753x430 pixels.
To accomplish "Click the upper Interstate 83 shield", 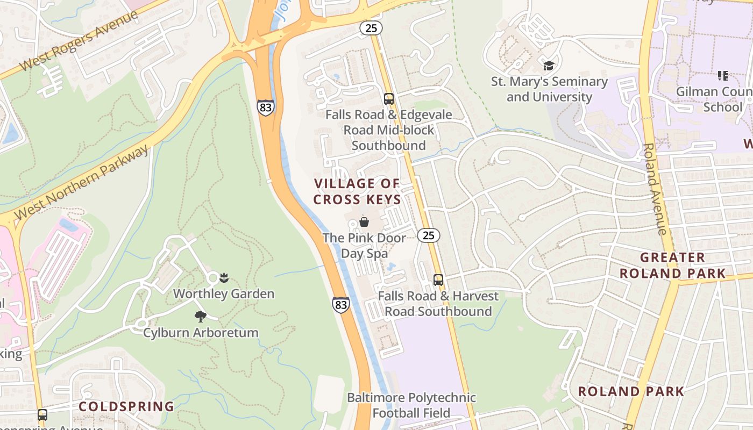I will click(x=265, y=107).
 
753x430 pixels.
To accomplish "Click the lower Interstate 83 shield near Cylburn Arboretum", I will click(x=340, y=304).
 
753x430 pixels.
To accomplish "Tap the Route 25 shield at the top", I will click(x=371, y=27).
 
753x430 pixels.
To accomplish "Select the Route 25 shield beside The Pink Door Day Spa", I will click(x=428, y=235).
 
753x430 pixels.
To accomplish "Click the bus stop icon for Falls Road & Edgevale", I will click(x=389, y=99).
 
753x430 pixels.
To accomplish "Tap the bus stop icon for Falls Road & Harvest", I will click(x=438, y=280).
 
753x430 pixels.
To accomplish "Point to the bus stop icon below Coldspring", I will click(x=42, y=415).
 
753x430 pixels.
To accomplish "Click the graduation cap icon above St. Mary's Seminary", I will click(x=549, y=66).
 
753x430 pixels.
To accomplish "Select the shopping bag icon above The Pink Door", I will click(x=364, y=221).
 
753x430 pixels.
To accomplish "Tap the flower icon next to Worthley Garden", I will click(x=224, y=278).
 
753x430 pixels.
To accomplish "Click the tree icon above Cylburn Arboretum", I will click(x=201, y=317).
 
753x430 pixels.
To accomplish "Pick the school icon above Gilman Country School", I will click(x=722, y=76).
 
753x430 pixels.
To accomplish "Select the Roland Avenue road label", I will click(x=655, y=189).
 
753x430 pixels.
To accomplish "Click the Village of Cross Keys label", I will click(x=357, y=191).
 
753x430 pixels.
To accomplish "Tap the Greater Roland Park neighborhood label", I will click(x=672, y=266).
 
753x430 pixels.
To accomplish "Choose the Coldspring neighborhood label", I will click(x=127, y=406).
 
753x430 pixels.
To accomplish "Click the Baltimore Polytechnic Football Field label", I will click(x=411, y=405).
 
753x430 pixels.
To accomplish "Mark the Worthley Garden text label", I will click(x=224, y=294).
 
